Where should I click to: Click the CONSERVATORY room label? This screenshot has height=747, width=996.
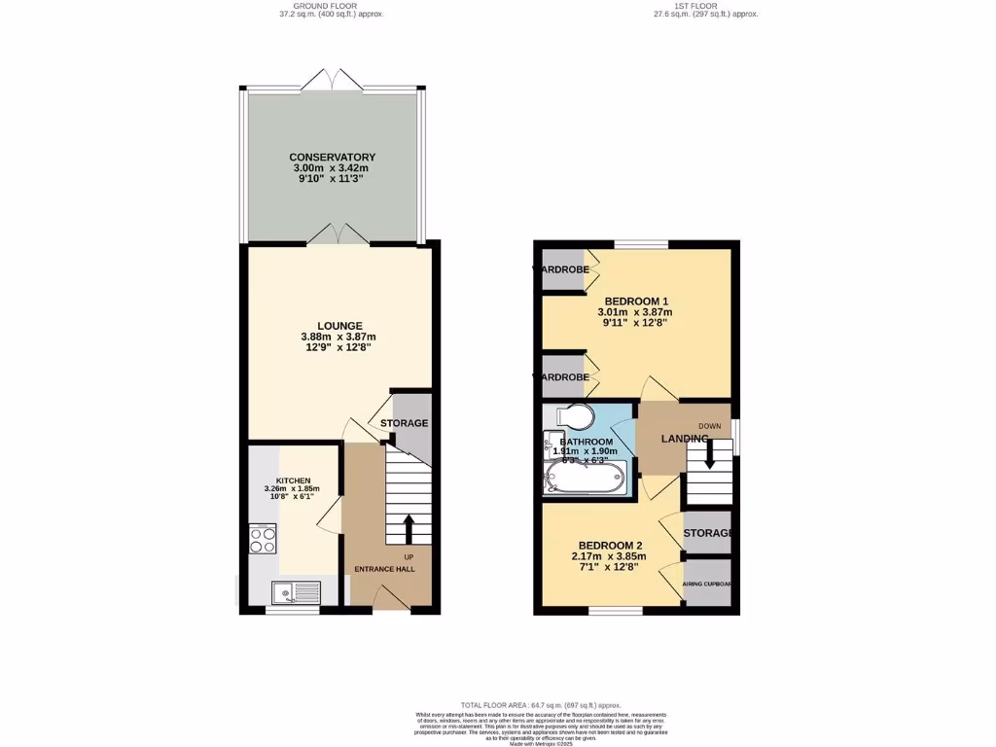332,157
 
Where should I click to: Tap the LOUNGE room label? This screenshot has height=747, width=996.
338,326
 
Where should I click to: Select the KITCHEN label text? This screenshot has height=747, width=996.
293,480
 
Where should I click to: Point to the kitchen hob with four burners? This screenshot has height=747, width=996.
263,539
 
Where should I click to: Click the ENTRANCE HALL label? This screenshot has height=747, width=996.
391,569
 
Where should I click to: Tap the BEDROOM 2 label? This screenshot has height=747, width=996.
610,545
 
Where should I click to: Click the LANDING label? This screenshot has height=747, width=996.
685,440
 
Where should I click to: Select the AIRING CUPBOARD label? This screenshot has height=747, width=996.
707,585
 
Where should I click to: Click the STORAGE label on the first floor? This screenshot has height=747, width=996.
707,534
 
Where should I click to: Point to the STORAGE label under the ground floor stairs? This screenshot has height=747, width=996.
404,423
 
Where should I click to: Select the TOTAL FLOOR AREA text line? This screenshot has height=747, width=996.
540,704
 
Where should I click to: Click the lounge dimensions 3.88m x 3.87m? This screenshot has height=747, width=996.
338,338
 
